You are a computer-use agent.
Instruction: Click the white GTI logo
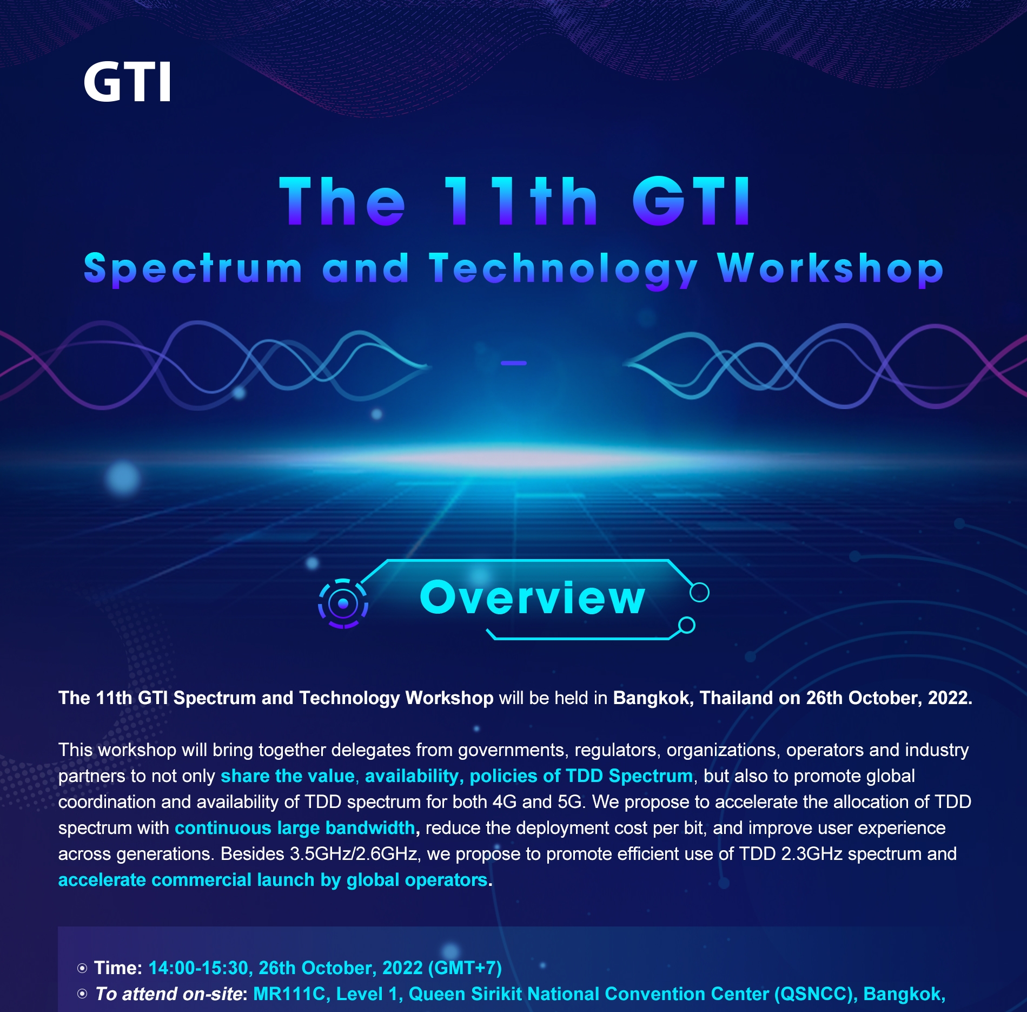[x=128, y=82]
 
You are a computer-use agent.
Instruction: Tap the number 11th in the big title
[x=521, y=201]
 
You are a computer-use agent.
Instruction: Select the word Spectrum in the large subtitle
[x=193, y=270]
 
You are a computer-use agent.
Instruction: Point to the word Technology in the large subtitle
[x=564, y=270]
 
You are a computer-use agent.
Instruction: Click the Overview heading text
[x=533, y=597]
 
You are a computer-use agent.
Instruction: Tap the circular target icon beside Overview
[x=343, y=603]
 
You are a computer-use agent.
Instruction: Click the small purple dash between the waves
[x=514, y=363]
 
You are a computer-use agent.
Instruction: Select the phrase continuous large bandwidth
[x=295, y=828]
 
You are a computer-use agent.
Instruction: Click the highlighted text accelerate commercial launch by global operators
[x=273, y=880]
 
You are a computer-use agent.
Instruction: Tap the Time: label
[x=118, y=968]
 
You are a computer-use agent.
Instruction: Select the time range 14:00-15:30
[x=198, y=968]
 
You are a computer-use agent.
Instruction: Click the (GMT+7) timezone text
[x=465, y=968]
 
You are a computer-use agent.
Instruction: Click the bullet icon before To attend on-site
[x=82, y=994]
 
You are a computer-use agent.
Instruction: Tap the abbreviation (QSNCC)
[x=816, y=994]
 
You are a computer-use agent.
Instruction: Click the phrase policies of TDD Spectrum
[x=581, y=776]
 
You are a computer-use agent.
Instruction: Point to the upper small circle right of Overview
[x=699, y=592]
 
